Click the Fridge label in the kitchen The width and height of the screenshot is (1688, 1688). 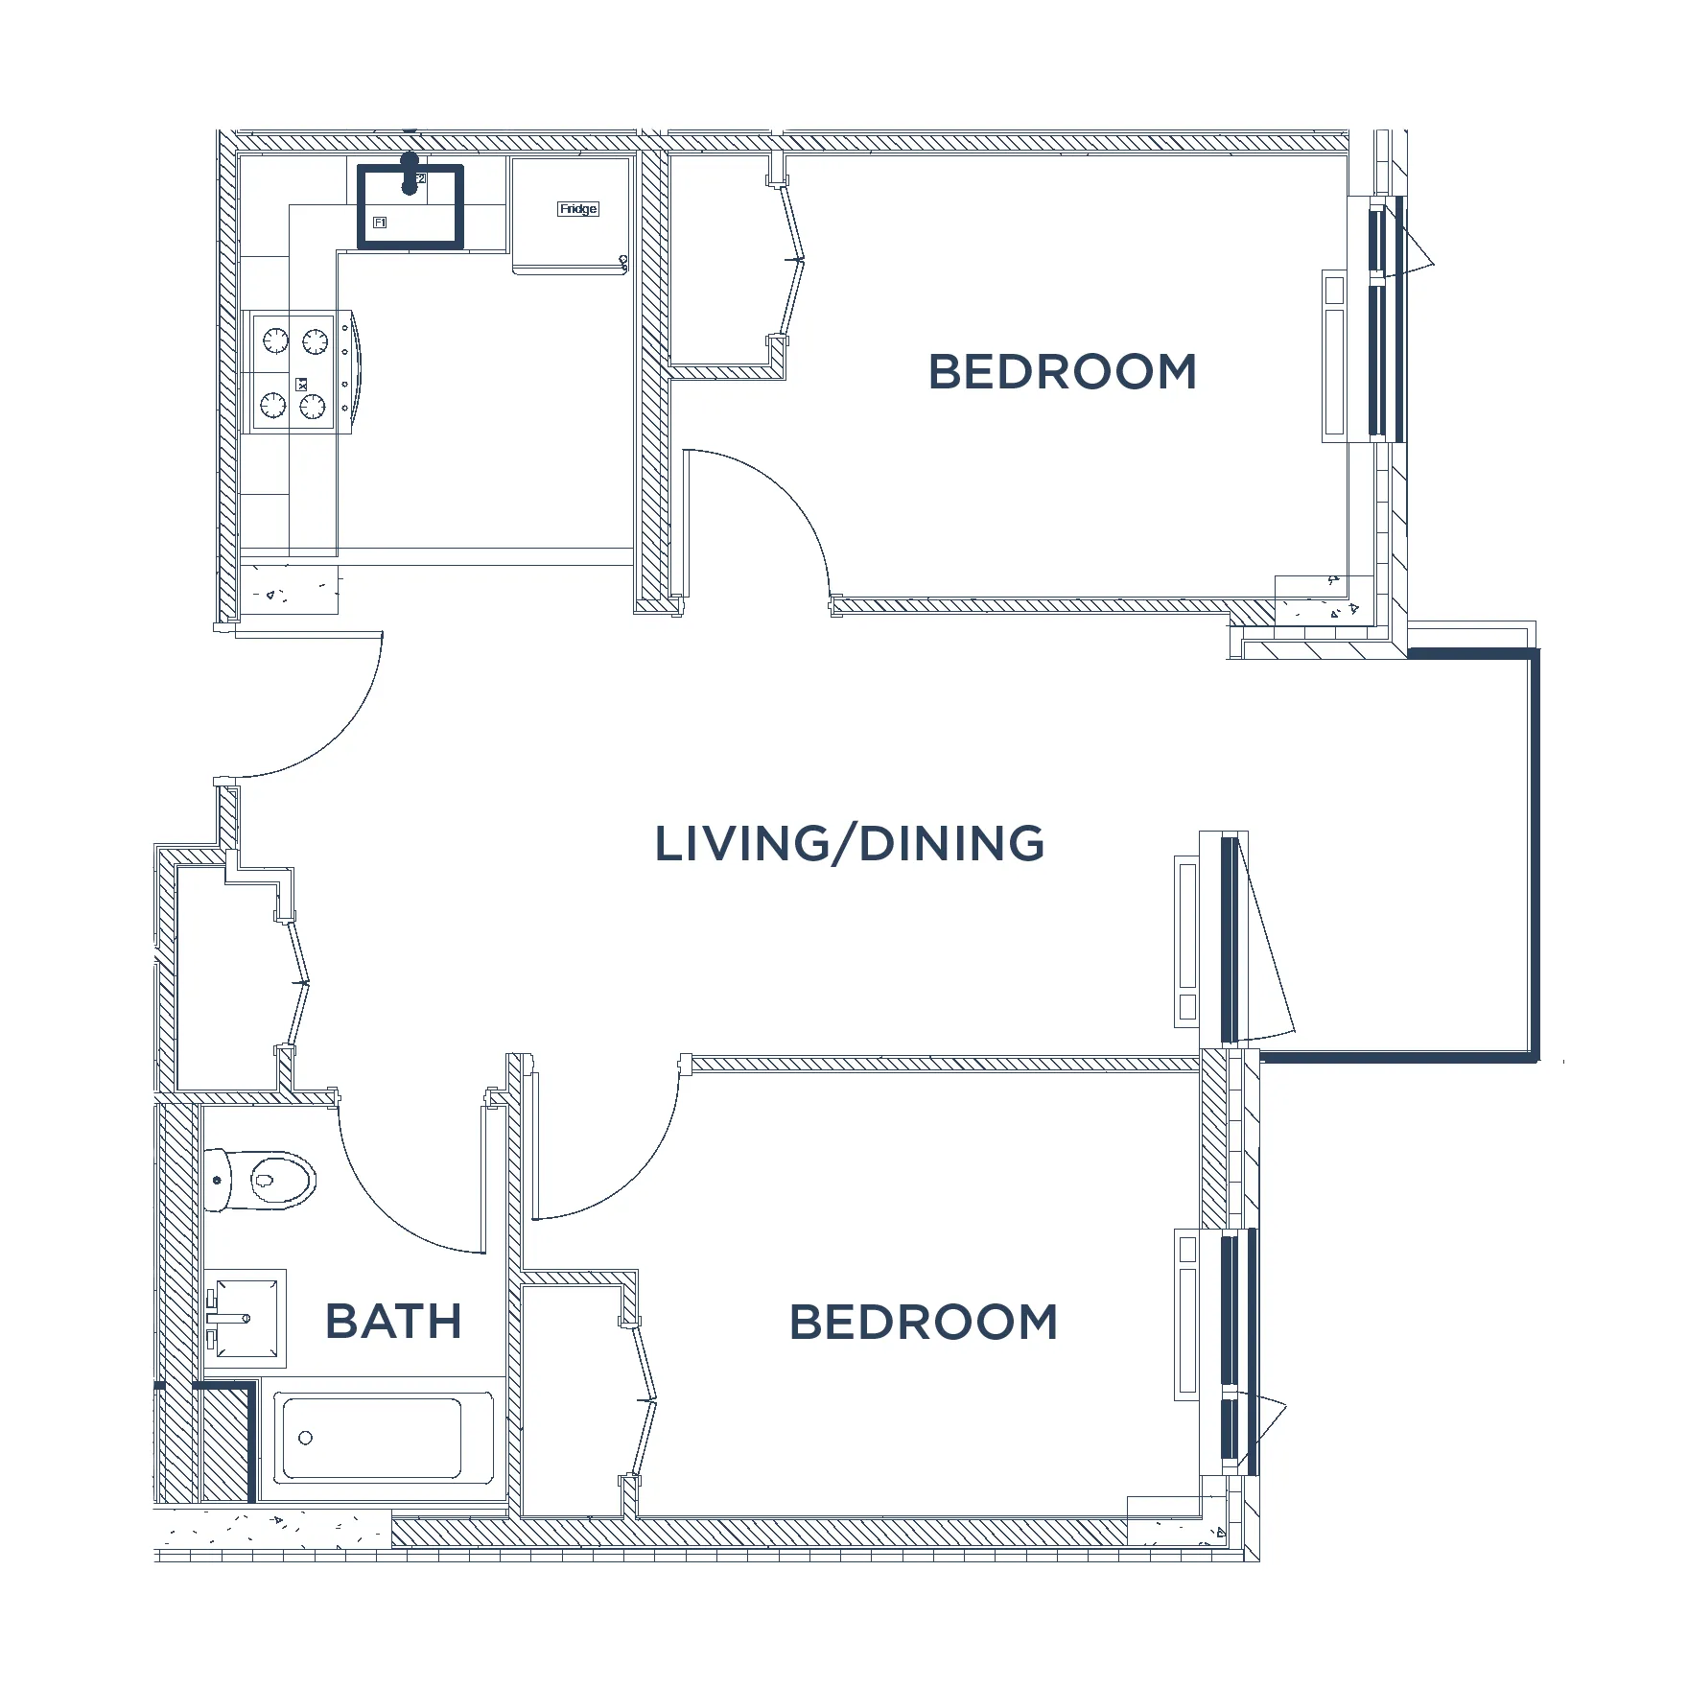pos(578,209)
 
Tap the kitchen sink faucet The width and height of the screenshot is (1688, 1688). pos(410,174)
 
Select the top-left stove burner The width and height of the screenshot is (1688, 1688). pos(275,340)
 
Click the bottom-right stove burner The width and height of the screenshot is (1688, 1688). pos(313,408)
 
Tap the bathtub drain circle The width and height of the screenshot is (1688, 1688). pos(306,1438)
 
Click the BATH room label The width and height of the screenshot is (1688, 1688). pos(393,1322)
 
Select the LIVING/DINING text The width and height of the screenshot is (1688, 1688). pos(849,844)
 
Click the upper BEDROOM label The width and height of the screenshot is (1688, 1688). pos(1063,372)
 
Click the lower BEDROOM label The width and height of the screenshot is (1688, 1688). pos(924,1323)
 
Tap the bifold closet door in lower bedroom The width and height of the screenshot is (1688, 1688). pos(645,1401)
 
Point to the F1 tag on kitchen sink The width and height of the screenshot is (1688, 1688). pos(380,223)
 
